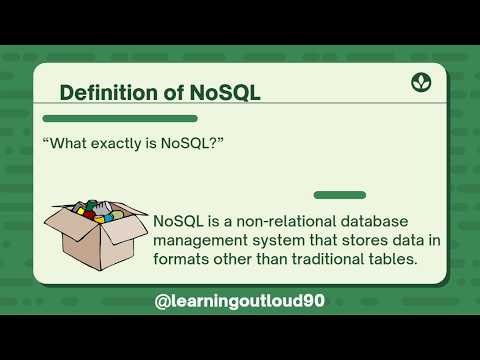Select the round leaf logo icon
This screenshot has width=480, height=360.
click(421, 82)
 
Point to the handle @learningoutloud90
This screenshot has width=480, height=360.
click(240, 299)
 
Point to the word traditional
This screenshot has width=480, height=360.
click(325, 258)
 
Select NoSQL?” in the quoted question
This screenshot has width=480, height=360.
click(195, 144)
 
